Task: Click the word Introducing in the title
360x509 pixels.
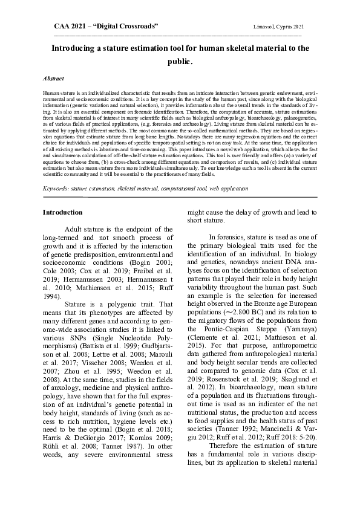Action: click(78, 48)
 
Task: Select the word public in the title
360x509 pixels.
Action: click(179, 61)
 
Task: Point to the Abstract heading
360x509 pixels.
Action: click(54, 79)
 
